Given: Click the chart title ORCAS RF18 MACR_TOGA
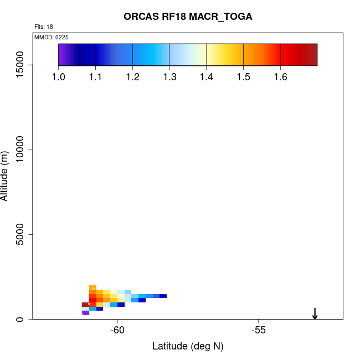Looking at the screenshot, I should click(x=188, y=17).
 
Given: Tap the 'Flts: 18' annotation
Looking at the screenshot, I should click(x=44, y=27).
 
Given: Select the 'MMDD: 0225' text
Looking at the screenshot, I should click(x=52, y=37).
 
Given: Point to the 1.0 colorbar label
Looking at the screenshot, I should click(x=59, y=76).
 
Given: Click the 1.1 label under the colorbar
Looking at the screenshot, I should click(x=96, y=76).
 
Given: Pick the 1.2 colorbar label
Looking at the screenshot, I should click(x=132, y=76).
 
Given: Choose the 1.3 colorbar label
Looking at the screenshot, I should click(x=169, y=76).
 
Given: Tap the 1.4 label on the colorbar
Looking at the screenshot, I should click(x=207, y=76).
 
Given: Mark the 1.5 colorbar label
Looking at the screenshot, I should click(x=244, y=76).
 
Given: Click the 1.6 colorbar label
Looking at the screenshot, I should click(x=280, y=76).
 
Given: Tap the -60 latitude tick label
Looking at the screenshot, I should click(x=117, y=331).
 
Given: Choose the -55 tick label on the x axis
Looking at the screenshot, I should click(x=259, y=331).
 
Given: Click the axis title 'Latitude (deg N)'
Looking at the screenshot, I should click(x=188, y=347).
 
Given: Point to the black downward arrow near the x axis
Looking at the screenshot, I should click(x=315, y=313).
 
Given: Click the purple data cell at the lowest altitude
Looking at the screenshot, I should click(x=86, y=313).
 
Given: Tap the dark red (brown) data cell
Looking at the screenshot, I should click(x=86, y=304).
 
